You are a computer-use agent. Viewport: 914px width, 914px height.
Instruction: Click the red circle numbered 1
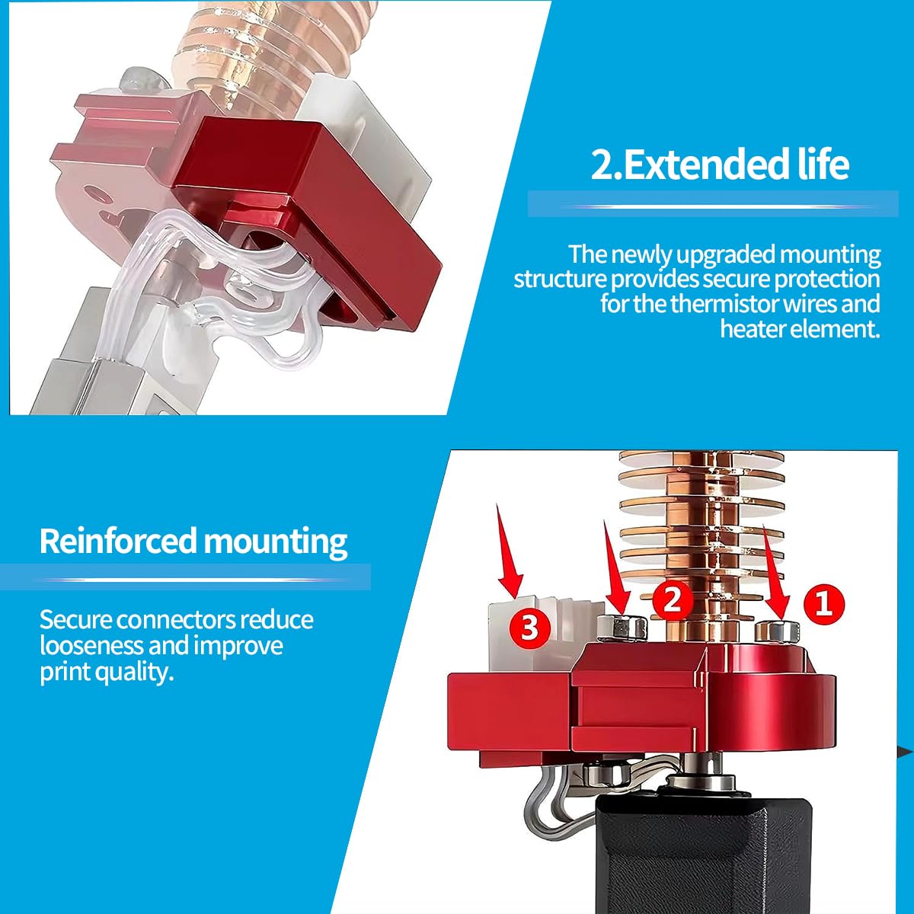click(x=824, y=605)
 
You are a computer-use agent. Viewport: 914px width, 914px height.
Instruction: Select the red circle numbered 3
click(x=530, y=629)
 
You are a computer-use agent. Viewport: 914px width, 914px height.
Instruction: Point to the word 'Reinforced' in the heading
click(x=117, y=541)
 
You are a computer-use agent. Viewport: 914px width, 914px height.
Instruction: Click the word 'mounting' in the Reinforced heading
click(x=275, y=542)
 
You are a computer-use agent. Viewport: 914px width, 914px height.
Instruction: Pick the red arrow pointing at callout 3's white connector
click(x=510, y=550)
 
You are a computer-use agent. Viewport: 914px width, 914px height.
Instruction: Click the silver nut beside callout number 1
click(x=777, y=631)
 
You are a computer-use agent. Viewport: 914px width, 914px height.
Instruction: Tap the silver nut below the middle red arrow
click(x=622, y=627)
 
